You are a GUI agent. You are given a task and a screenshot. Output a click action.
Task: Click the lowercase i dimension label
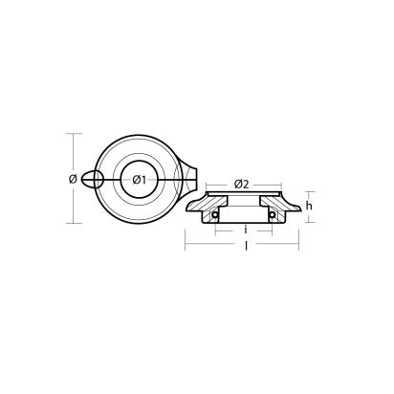[246, 230]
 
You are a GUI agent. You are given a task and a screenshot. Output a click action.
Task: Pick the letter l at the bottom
[247, 247]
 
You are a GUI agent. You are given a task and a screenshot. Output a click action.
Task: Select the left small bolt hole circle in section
[216, 214]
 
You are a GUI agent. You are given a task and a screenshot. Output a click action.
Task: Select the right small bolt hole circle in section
[274, 214]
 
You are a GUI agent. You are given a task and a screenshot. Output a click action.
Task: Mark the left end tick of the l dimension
[185, 247]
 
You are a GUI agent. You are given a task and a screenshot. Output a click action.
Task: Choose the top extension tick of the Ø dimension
[72, 133]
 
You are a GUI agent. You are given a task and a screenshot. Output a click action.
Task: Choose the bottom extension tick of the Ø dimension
[72, 223]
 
